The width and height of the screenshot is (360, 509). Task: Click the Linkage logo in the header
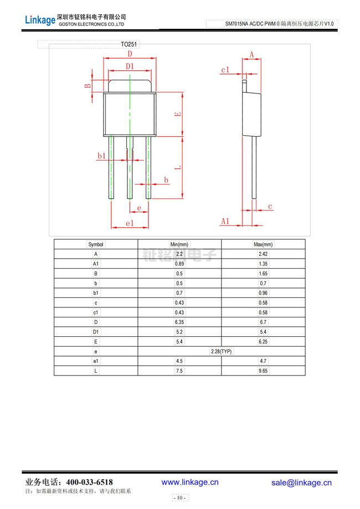(x=40, y=20)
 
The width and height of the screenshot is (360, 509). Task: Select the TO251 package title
(x=129, y=44)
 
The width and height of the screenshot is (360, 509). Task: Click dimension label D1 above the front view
(x=130, y=66)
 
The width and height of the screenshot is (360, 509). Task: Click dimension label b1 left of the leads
(x=101, y=156)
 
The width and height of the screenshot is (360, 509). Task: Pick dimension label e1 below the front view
(x=129, y=223)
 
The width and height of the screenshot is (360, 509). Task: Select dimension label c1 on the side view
(x=225, y=70)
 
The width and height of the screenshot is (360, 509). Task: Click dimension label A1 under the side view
(x=225, y=221)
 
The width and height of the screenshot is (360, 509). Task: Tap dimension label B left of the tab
(x=88, y=85)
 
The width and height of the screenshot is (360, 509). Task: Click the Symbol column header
(x=96, y=244)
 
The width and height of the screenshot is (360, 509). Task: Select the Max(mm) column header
(x=263, y=244)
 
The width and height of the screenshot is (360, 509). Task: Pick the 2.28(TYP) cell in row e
(x=221, y=352)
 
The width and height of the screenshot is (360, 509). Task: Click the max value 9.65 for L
(x=263, y=371)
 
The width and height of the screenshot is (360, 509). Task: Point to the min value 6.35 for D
(x=179, y=322)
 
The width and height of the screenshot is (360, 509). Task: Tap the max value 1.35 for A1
(x=263, y=264)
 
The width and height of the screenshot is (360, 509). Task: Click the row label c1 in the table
(x=96, y=312)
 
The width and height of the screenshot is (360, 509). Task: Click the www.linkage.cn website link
(x=190, y=482)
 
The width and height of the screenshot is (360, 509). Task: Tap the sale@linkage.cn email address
(x=301, y=482)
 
